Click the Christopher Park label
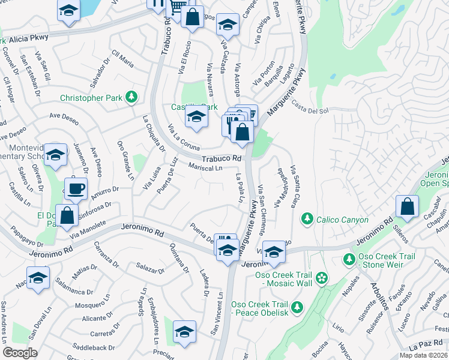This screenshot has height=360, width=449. [x=90, y=98]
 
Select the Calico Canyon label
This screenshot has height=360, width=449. [x=343, y=220]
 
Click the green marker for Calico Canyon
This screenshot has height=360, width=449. [x=307, y=217]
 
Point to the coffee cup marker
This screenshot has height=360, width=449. [x=76, y=188]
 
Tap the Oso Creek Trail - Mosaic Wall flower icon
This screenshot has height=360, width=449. [x=322, y=277]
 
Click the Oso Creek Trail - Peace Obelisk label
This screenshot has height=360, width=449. [x=264, y=309]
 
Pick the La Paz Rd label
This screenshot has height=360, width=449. [x=425, y=347]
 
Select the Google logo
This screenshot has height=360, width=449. [x=20, y=353]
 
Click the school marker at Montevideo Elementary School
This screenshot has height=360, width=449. [x=55, y=155]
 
